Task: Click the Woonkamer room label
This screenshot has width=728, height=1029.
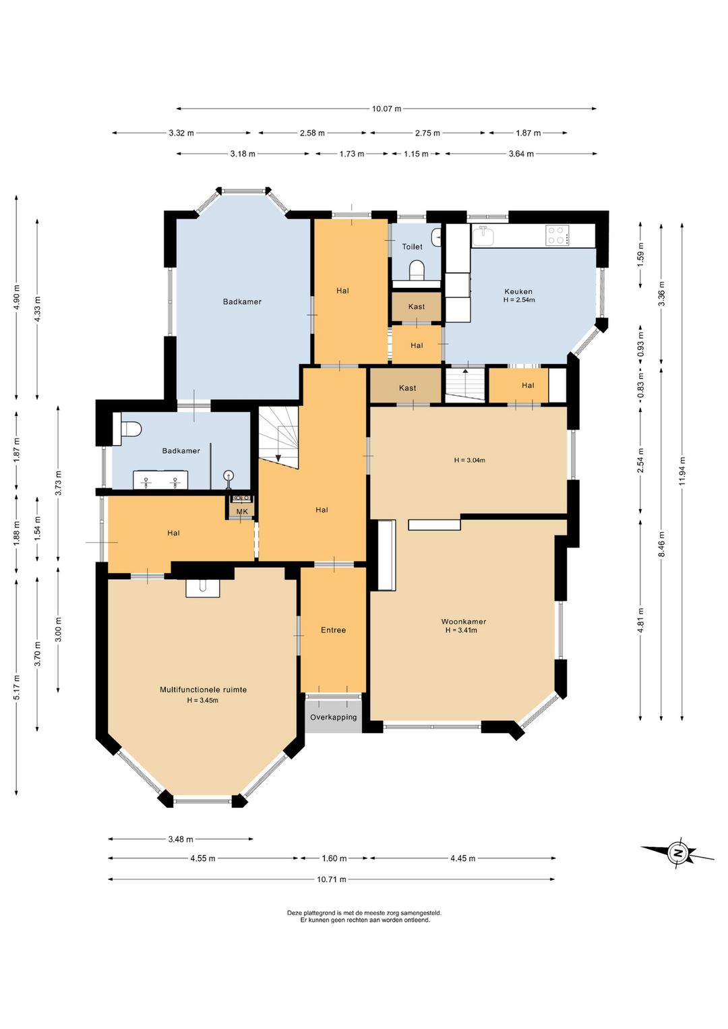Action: tap(464, 622)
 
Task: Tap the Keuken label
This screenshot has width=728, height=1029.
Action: tap(518, 291)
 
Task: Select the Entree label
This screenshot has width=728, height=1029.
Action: tap(333, 630)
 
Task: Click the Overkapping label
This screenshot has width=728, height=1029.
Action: tap(333, 717)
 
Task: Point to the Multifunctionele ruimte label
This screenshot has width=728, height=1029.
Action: tap(203, 690)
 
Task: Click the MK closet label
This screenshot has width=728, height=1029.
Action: tap(241, 511)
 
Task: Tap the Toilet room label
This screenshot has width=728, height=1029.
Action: tap(412, 247)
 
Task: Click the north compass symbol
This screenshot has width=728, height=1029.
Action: tap(677, 854)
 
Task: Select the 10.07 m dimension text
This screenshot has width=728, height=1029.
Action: tap(386, 109)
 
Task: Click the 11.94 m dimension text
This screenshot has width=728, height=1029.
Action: tap(682, 471)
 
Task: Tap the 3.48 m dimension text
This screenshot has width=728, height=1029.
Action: tap(181, 840)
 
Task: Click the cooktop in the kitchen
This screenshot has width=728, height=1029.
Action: tap(557, 235)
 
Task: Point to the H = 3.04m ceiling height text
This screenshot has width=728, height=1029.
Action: tap(469, 460)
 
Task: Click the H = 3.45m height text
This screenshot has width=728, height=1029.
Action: tap(202, 701)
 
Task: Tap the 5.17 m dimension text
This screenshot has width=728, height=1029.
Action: tap(17, 687)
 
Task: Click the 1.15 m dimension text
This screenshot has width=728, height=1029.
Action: tap(416, 154)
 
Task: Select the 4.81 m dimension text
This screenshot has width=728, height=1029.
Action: tap(641, 620)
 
